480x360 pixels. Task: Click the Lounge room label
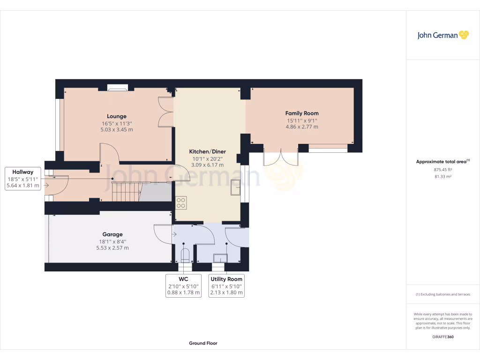point(117,116)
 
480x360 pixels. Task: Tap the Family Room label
point(302,113)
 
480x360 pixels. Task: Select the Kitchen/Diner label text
point(207,152)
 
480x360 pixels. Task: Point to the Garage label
point(112,234)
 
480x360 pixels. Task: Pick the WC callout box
point(183,285)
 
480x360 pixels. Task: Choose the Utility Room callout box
point(226,285)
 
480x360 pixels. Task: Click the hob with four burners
point(181,202)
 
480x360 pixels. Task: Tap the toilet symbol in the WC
point(185,256)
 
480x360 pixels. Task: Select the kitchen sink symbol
point(235,187)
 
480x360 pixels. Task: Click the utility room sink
point(219,258)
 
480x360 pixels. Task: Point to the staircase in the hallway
point(126,192)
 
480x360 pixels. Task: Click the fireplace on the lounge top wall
point(117,87)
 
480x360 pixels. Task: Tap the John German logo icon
point(464,35)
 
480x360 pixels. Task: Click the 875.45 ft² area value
point(442,169)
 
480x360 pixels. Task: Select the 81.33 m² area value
point(442,176)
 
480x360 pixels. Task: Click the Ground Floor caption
point(203,343)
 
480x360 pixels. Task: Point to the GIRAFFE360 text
point(442,337)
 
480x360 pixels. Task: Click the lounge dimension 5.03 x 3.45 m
point(117,129)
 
